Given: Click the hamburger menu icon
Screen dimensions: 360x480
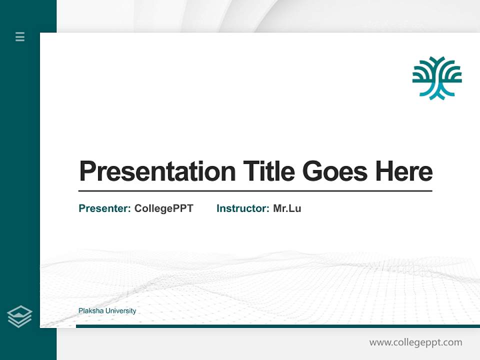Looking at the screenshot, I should [x=20, y=36].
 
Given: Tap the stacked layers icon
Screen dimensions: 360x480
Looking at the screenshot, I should [x=19, y=316].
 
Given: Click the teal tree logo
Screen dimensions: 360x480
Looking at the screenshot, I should [x=437, y=78].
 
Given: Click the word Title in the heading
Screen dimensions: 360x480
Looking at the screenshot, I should [x=269, y=171].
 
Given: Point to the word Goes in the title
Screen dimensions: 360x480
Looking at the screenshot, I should [x=335, y=171].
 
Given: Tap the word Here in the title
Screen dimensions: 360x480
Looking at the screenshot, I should [x=404, y=171].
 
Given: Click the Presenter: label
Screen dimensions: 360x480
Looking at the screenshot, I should [x=105, y=208].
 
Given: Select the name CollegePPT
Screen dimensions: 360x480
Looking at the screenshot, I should [x=163, y=208].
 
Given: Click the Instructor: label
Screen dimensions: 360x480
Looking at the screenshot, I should [x=243, y=208].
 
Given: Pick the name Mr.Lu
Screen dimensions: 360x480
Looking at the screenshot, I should [x=287, y=208].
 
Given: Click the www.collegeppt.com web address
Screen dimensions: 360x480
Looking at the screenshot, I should [x=415, y=342].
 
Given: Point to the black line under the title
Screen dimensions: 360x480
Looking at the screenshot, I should [x=255, y=190].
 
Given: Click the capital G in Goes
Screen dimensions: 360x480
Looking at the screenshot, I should [x=313, y=171].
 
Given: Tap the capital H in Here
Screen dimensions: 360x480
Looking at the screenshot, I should [x=385, y=171].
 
